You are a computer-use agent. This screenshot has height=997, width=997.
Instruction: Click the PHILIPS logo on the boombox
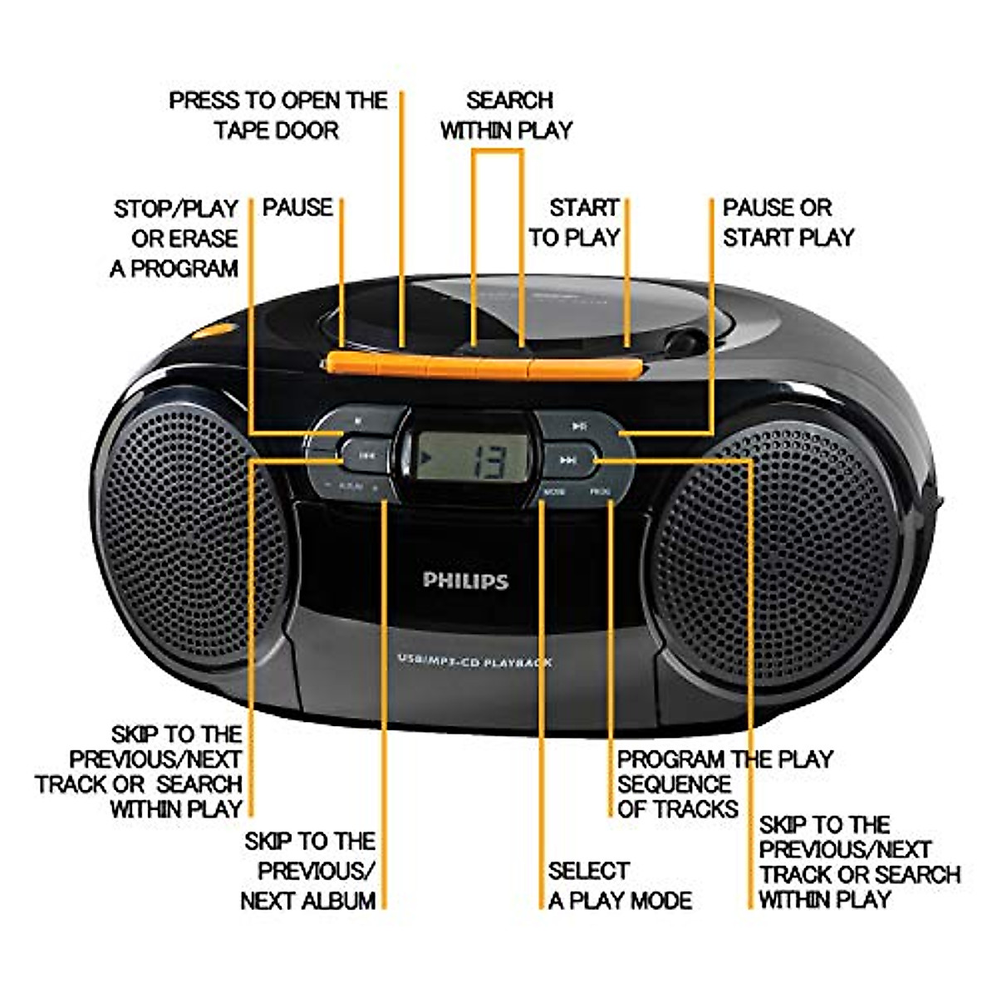tap(464, 581)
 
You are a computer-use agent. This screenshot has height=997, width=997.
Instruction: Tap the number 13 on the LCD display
tap(484, 459)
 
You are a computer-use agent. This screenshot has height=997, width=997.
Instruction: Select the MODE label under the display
tap(554, 492)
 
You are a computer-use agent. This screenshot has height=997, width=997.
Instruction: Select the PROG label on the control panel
tap(600, 492)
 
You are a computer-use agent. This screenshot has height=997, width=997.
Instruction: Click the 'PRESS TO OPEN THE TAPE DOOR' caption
tap(278, 115)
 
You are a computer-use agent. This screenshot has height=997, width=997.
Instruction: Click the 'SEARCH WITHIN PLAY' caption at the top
tap(507, 115)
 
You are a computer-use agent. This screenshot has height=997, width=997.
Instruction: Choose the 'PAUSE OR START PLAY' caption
tap(788, 223)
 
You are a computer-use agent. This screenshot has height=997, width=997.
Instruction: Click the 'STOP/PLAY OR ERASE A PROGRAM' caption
tap(175, 238)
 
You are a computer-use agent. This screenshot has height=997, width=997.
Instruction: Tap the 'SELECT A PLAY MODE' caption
tap(620, 886)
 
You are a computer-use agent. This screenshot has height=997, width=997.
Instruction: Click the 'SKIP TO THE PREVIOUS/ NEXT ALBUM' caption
tap(308, 871)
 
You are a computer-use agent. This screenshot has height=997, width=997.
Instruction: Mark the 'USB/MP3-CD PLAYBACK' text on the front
tap(474, 661)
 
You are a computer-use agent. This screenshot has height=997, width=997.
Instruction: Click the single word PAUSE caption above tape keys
tap(297, 208)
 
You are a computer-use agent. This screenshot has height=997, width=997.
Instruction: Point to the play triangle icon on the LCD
tap(425, 455)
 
